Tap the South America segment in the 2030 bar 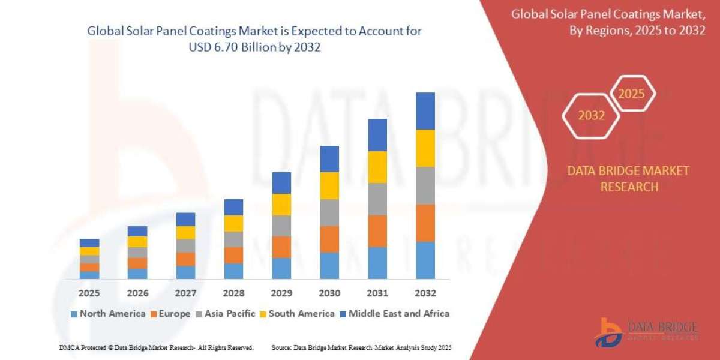pyautogui.click(x=329, y=185)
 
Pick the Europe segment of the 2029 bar pyautogui.click(x=281, y=247)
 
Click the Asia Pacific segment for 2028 pyautogui.click(x=233, y=239)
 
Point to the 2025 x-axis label pyautogui.click(x=89, y=293)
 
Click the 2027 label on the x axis pyautogui.click(x=185, y=293)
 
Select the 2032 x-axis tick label pyautogui.click(x=425, y=293)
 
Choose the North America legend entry pyautogui.click(x=108, y=313)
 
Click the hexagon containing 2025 pyautogui.click(x=631, y=94)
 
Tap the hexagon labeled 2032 pyautogui.click(x=591, y=116)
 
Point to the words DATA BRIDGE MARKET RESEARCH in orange pyautogui.click(x=628, y=179)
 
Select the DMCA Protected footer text pyautogui.click(x=156, y=347)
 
